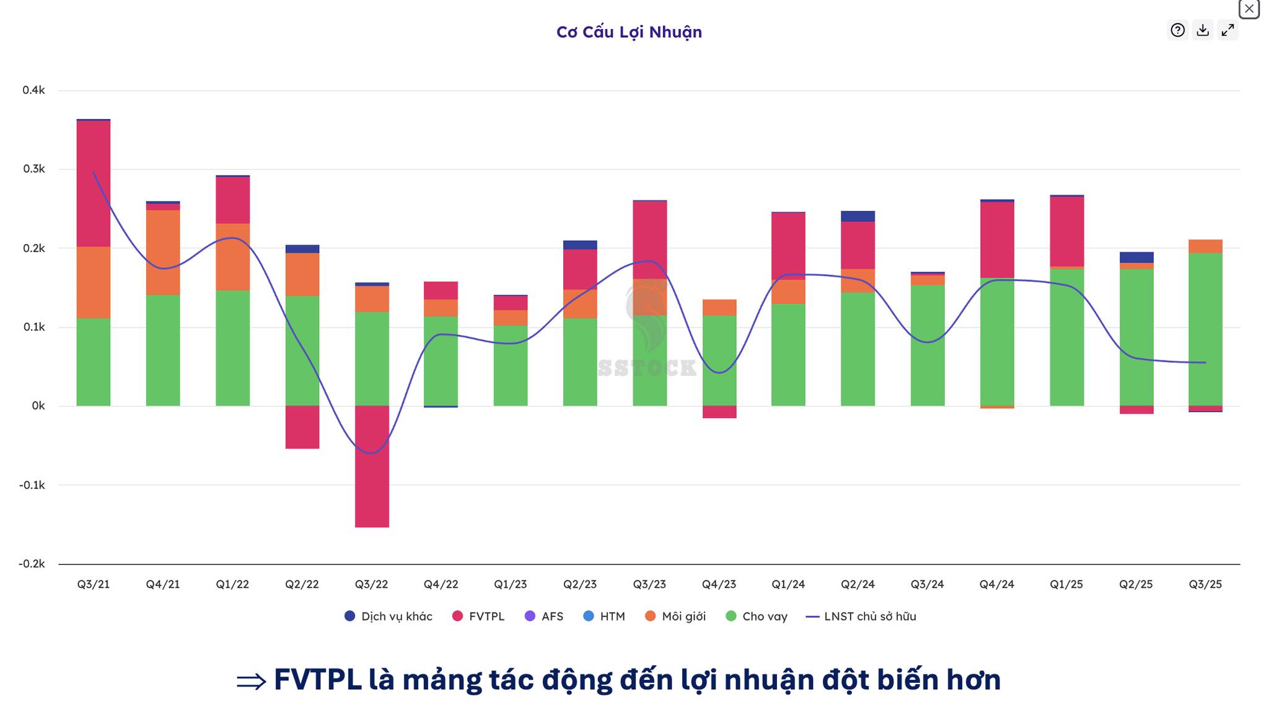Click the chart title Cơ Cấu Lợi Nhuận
click(629, 32)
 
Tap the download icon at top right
click(1203, 30)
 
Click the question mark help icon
click(1177, 30)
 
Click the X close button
click(1249, 9)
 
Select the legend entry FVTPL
click(478, 616)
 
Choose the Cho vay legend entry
click(757, 616)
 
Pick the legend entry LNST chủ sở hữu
click(861, 616)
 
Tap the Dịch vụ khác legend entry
click(389, 616)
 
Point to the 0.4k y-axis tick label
click(33, 91)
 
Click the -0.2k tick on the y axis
click(32, 564)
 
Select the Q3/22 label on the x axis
click(371, 584)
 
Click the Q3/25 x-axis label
click(1205, 584)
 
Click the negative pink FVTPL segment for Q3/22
click(372, 466)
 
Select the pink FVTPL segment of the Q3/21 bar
click(94, 184)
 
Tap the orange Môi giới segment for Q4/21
click(163, 252)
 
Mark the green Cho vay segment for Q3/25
click(1205, 329)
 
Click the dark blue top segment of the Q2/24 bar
click(858, 216)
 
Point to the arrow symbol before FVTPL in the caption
click(251, 681)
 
